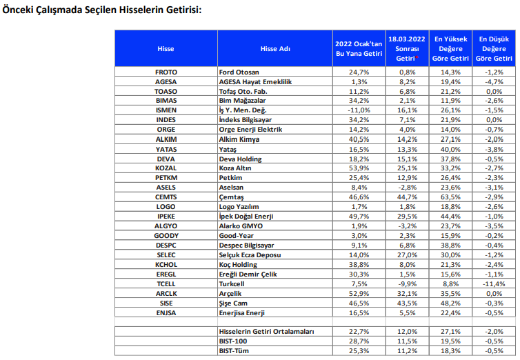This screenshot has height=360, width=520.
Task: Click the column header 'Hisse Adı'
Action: click(275, 49)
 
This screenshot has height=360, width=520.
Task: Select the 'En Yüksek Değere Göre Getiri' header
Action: click(450, 49)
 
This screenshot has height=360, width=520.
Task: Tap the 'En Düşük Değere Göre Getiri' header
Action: click(494, 49)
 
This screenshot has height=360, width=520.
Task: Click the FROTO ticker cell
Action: click(166, 72)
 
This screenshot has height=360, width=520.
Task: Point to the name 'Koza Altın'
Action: click(234, 168)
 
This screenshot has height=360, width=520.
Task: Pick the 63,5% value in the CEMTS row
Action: click(450, 197)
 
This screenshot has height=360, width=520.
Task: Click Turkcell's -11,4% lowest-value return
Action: click(494, 283)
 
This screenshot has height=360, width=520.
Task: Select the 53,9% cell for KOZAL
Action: click(359, 168)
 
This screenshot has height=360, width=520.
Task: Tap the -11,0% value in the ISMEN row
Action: click(359, 110)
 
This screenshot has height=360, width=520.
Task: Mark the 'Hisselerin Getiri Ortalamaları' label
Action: click(266, 332)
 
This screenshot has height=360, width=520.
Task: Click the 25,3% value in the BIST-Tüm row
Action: click(359, 351)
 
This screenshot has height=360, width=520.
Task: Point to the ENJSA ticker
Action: click(166, 313)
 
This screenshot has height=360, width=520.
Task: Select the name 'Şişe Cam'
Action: click(233, 303)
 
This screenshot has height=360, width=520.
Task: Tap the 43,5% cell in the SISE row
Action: click(408, 303)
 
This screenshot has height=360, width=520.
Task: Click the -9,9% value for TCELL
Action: click(408, 283)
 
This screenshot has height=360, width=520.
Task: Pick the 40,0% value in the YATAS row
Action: click(450, 149)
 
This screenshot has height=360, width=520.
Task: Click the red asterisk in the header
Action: click(417, 57)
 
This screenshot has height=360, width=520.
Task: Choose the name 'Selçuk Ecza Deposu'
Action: click(250, 255)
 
